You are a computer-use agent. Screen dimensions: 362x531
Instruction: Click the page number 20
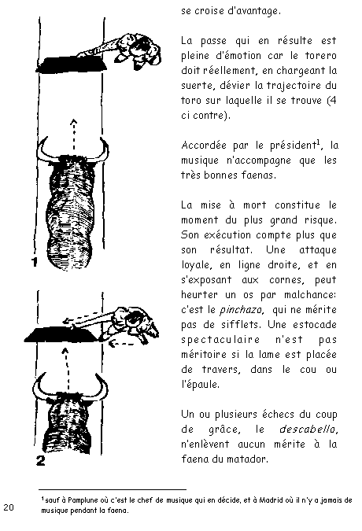9,507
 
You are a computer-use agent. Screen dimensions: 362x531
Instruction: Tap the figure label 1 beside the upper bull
35,262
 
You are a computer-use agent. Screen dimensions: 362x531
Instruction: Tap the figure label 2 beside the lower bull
41,460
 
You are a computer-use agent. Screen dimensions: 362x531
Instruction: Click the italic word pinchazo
242,310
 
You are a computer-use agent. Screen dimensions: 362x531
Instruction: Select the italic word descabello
308,429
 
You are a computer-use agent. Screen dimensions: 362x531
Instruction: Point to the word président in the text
294,146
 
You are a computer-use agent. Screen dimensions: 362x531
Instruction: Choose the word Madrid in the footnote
271,500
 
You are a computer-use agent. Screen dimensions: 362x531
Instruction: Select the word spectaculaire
221,340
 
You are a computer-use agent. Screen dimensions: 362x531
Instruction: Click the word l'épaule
200,385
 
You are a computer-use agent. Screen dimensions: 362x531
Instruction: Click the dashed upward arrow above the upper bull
73,134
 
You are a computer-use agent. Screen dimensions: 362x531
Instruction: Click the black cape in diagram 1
72,65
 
